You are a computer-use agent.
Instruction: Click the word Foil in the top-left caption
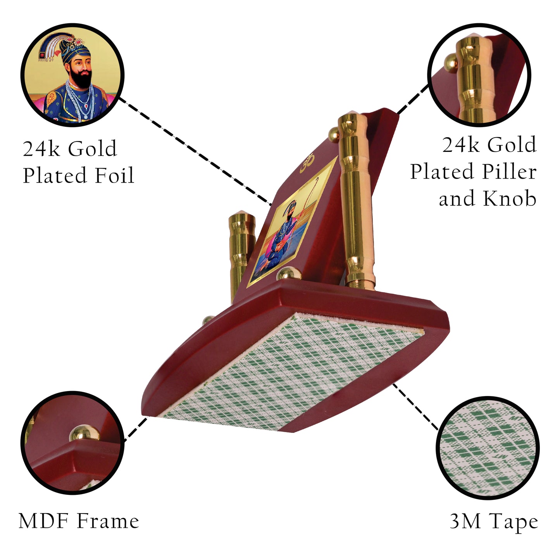pyautogui.click(x=114, y=175)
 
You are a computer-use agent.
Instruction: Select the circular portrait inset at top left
pyautogui.click(x=72, y=75)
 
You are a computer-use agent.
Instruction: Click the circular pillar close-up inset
pyautogui.click(x=479, y=75)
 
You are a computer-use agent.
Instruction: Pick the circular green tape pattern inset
pyautogui.click(x=488, y=448)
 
